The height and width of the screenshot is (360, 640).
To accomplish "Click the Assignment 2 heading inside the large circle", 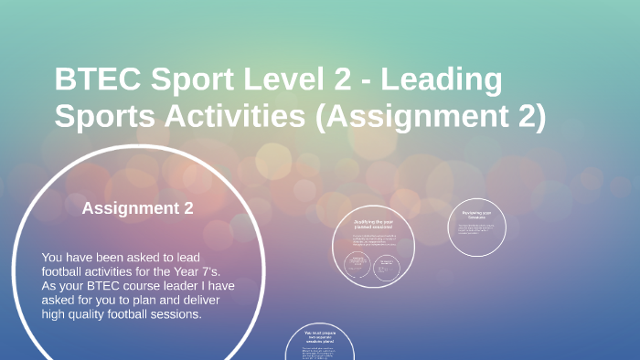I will point(137,208).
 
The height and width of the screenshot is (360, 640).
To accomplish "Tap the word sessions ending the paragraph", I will point(176,314).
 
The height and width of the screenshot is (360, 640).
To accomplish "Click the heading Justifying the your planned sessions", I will point(374,224).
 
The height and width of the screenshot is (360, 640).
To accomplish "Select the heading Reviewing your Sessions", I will point(477,215).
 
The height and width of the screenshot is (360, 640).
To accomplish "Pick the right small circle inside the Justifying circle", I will point(388,265).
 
